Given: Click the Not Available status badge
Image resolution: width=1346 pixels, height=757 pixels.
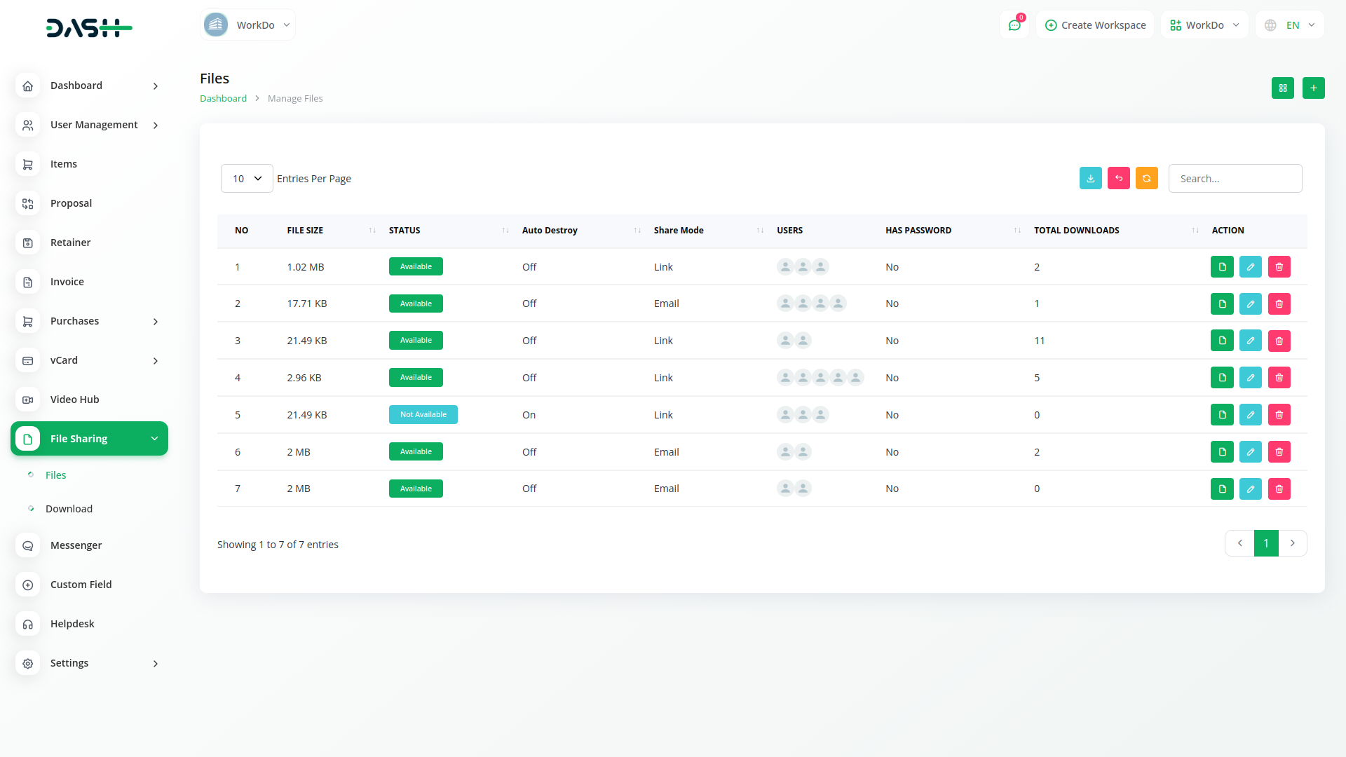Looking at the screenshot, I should click(x=423, y=415).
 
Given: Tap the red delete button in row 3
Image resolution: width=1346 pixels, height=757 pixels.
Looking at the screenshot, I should click(x=1279, y=341).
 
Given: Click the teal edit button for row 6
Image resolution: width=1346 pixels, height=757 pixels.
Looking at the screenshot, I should click(x=1250, y=452).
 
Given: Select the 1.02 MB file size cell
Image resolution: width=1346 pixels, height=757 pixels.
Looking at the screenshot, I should click(x=305, y=267).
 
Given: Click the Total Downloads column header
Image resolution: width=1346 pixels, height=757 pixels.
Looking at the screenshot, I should click(x=1076, y=231).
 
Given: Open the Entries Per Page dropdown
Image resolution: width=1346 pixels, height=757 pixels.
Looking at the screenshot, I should click(x=247, y=179).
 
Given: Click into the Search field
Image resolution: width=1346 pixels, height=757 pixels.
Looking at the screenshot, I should click(x=1235, y=179).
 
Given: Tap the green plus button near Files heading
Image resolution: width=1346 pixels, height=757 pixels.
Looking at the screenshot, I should click(x=1313, y=88).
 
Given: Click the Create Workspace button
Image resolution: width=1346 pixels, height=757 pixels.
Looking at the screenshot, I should click(x=1095, y=25).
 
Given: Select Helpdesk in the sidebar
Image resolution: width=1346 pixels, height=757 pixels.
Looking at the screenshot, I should click(x=72, y=624).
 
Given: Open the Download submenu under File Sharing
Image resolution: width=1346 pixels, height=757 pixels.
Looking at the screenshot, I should click(x=69, y=509).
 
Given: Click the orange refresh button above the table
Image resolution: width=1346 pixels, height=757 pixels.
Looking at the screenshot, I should click(x=1146, y=179).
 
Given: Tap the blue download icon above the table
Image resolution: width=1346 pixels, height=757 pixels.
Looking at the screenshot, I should click(x=1090, y=179).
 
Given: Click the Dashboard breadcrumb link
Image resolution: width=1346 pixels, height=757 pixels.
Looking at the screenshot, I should click(x=223, y=99).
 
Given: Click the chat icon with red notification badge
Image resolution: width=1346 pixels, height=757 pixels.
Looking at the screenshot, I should click(x=1014, y=25).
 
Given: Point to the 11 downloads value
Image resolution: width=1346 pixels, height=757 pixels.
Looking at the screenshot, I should click(x=1039, y=341).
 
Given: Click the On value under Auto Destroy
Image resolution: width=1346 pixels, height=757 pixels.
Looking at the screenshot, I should click(x=529, y=415).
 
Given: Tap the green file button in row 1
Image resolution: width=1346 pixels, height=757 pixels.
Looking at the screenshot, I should click(x=1221, y=267).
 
